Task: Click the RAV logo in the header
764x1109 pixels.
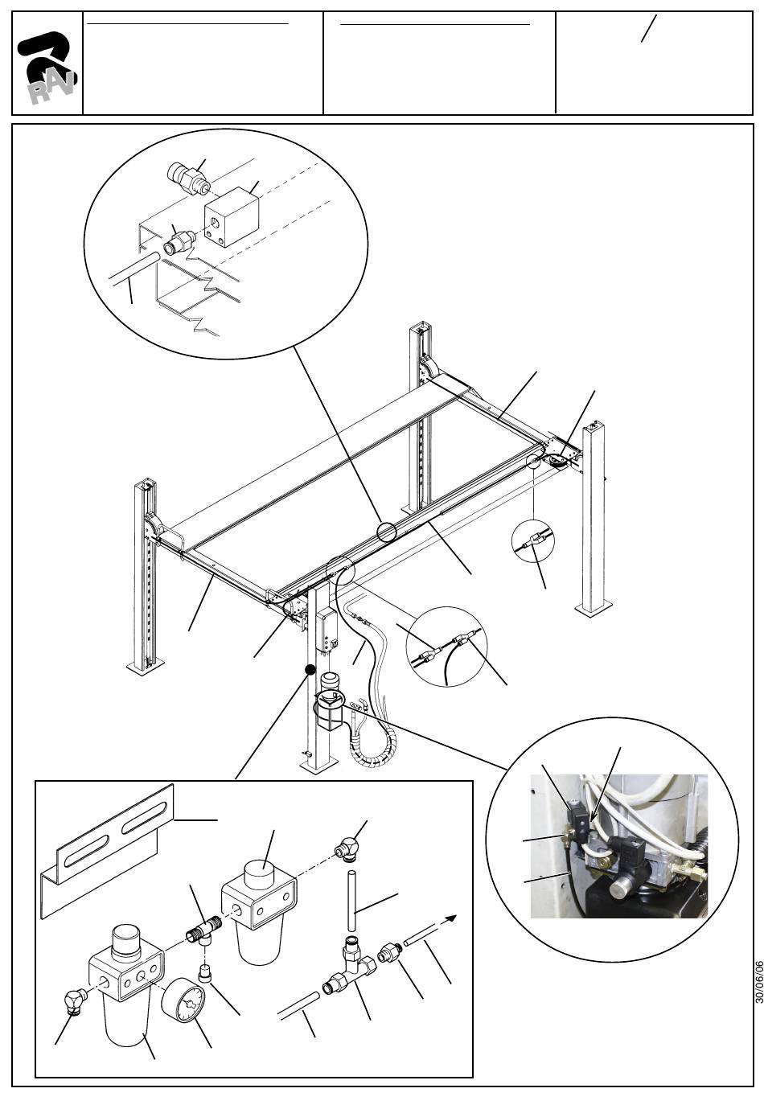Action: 47,68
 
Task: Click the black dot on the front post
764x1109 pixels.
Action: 309,668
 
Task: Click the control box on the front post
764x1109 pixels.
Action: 327,629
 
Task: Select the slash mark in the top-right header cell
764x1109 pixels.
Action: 648,29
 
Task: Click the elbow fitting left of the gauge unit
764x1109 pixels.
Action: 75,1001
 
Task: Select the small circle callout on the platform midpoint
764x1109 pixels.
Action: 387,532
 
